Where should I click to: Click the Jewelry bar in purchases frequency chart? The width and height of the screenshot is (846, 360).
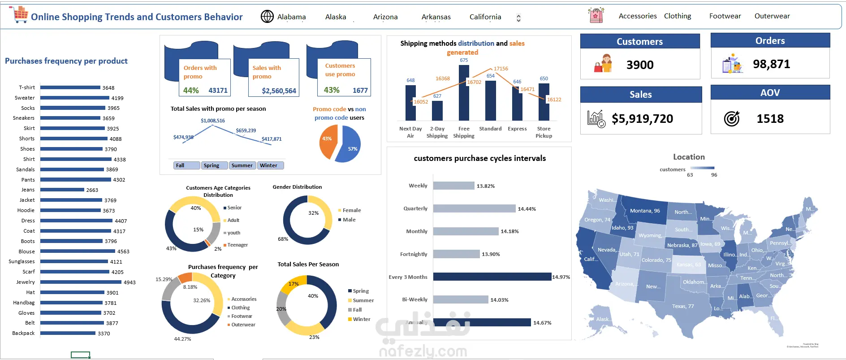click(81, 282)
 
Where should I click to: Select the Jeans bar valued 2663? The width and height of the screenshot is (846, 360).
click(62, 190)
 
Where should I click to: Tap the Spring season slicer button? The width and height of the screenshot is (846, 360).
click(214, 165)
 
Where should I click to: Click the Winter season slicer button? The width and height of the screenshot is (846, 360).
click(270, 165)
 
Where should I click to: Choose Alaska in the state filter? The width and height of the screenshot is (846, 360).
click(336, 17)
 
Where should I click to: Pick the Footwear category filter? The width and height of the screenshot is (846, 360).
click(725, 16)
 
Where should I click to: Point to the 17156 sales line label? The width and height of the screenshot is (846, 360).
click(501, 69)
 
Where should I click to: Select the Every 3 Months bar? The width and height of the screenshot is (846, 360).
click(492, 277)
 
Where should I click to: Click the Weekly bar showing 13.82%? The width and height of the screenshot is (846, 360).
click(453, 186)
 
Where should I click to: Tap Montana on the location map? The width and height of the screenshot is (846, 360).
click(644, 211)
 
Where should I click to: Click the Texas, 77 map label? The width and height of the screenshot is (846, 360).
click(682, 306)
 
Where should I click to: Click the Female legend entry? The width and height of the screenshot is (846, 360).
click(351, 210)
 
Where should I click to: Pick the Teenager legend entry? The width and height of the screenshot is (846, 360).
click(237, 245)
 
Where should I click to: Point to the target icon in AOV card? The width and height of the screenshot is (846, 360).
click(731, 119)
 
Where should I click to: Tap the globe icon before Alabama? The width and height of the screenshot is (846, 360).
click(267, 17)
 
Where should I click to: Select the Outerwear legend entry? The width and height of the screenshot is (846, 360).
click(243, 325)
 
